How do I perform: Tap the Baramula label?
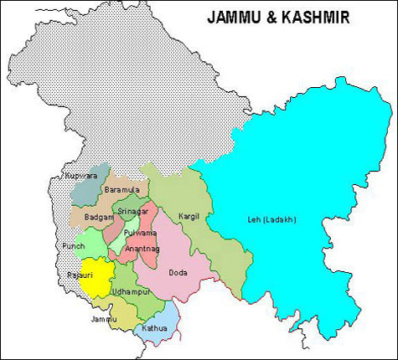[x=121, y=191]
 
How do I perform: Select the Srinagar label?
[x=132, y=211]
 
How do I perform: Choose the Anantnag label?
[x=142, y=249]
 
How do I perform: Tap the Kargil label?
[x=189, y=217]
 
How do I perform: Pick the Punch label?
[x=73, y=246]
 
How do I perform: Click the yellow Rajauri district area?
[x=96, y=280]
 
